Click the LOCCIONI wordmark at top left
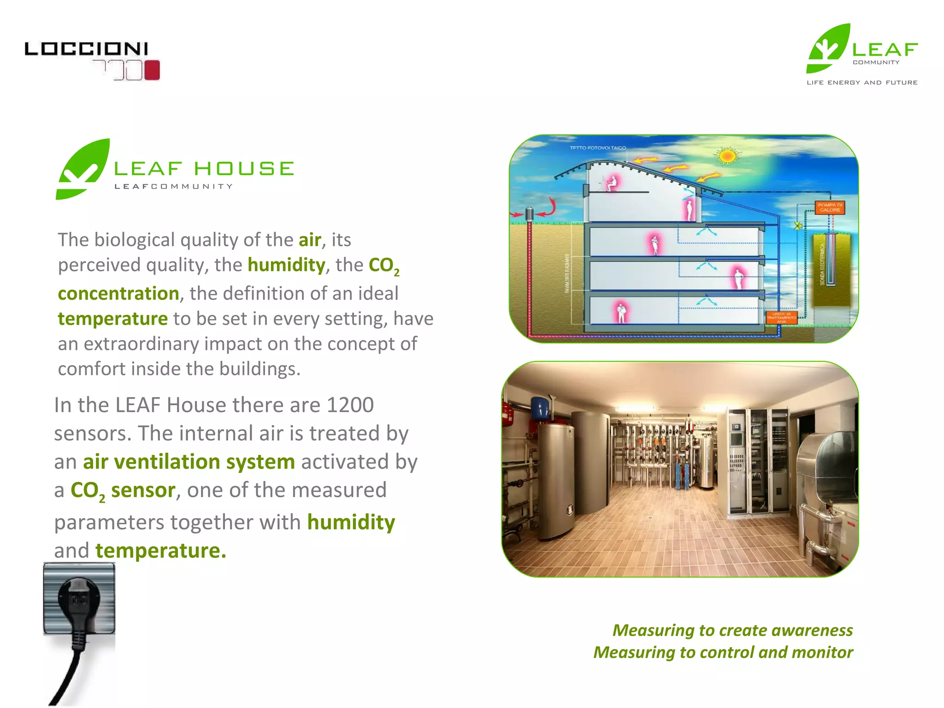coord(86,49)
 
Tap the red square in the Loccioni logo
coord(152,70)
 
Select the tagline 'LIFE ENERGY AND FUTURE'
coord(862,83)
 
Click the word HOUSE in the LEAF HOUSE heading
coord(244,169)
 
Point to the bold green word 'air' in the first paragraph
coord(310,240)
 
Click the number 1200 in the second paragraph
coord(350,405)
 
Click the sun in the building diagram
coord(727,156)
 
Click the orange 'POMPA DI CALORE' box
coord(830,207)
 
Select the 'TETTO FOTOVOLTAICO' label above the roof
coord(598,148)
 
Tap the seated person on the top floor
coord(612,183)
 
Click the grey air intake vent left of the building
coord(530,213)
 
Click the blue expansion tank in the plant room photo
coord(539,407)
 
